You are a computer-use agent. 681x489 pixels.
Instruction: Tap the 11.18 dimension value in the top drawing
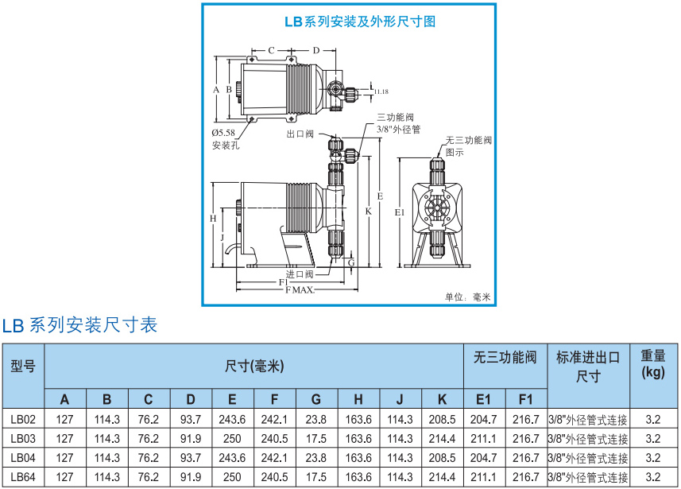381,91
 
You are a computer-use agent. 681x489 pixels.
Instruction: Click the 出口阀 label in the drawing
300,134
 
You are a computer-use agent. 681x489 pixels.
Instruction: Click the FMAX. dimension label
299,292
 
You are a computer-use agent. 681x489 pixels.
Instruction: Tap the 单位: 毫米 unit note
468,297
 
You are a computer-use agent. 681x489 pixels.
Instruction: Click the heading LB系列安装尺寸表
79,324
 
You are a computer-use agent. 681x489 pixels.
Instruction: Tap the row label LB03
23,438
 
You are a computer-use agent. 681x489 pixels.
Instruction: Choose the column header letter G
316,398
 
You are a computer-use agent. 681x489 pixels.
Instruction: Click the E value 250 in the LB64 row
232,478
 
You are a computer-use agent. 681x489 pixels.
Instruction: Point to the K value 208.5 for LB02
442,419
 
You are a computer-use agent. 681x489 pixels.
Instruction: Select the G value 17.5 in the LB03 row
316,438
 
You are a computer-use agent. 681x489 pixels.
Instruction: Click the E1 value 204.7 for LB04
484,458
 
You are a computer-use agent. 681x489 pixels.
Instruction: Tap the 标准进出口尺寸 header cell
588,366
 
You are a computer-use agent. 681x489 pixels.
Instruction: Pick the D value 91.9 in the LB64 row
191,478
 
